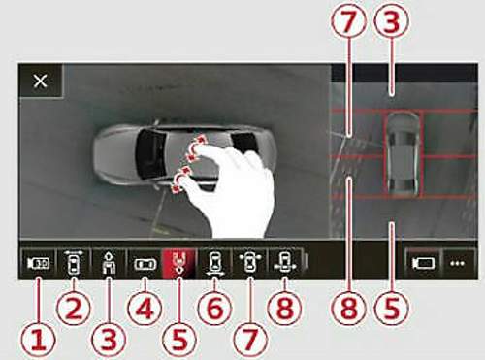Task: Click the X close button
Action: (x=41, y=81)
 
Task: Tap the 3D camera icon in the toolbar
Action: (x=39, y=263)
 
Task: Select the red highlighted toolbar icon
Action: (x=179, y=263)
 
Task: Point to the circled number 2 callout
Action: (x=74, y=309)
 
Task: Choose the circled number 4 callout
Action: (x=145, y=309)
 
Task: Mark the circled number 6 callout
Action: (x=214, y=309)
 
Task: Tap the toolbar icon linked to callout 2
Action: (x=74, y=262)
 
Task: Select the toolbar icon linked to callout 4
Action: (x=145, y=264)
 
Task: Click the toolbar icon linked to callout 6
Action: (x=214, y=263)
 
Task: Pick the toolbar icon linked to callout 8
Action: (x=284, y=262)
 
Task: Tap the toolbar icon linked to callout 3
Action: (x=109, y=263)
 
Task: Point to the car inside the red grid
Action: (x=403, y=153)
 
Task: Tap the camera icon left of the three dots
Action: (x=424, y=264)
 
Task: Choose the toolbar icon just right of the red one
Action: (x=214, y=263)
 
